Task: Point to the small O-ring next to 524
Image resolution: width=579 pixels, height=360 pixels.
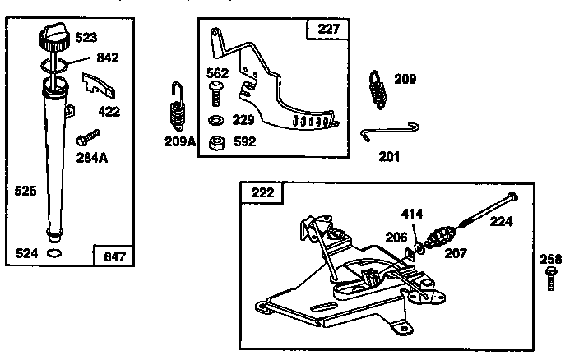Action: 54,254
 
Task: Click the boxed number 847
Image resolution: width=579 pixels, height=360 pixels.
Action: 115,256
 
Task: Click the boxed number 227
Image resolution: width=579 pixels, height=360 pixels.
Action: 327,30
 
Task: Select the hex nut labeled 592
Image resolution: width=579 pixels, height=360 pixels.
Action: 217,141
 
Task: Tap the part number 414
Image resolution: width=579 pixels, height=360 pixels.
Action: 413,215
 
